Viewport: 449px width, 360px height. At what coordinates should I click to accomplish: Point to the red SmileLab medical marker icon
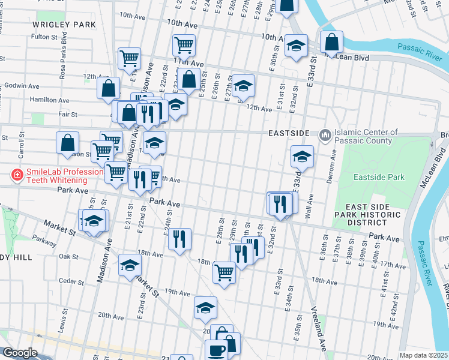(18, 176)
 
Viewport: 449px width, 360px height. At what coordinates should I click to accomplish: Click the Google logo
(20, 353)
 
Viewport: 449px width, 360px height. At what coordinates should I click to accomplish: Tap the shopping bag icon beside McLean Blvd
(331, 42)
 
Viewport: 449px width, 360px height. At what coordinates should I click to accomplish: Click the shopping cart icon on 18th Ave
(224, 272)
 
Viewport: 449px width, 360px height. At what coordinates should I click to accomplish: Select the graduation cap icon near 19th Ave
(205, 308)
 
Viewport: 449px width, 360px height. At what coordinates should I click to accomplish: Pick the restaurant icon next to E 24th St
(179, 239)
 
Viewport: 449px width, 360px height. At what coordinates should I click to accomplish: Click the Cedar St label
(70, 281)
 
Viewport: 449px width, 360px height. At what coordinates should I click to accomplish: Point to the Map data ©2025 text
(423, 355)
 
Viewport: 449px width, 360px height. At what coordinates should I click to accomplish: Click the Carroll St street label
(21, 146)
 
